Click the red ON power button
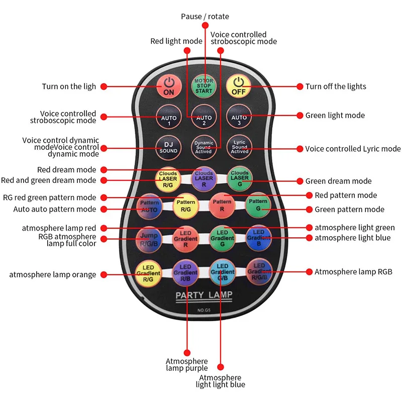click(x=169, y=86)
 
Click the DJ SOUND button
click(x=169, y=146)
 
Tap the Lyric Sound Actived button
click(x=239, y=146)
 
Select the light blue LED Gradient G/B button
click(x=222, y=272)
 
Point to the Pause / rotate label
click(x=205, y=17)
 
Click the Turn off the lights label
click(x=336, y=86)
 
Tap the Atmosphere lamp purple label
click(x=186, y=365)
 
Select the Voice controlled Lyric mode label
click(x=353, y=149)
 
